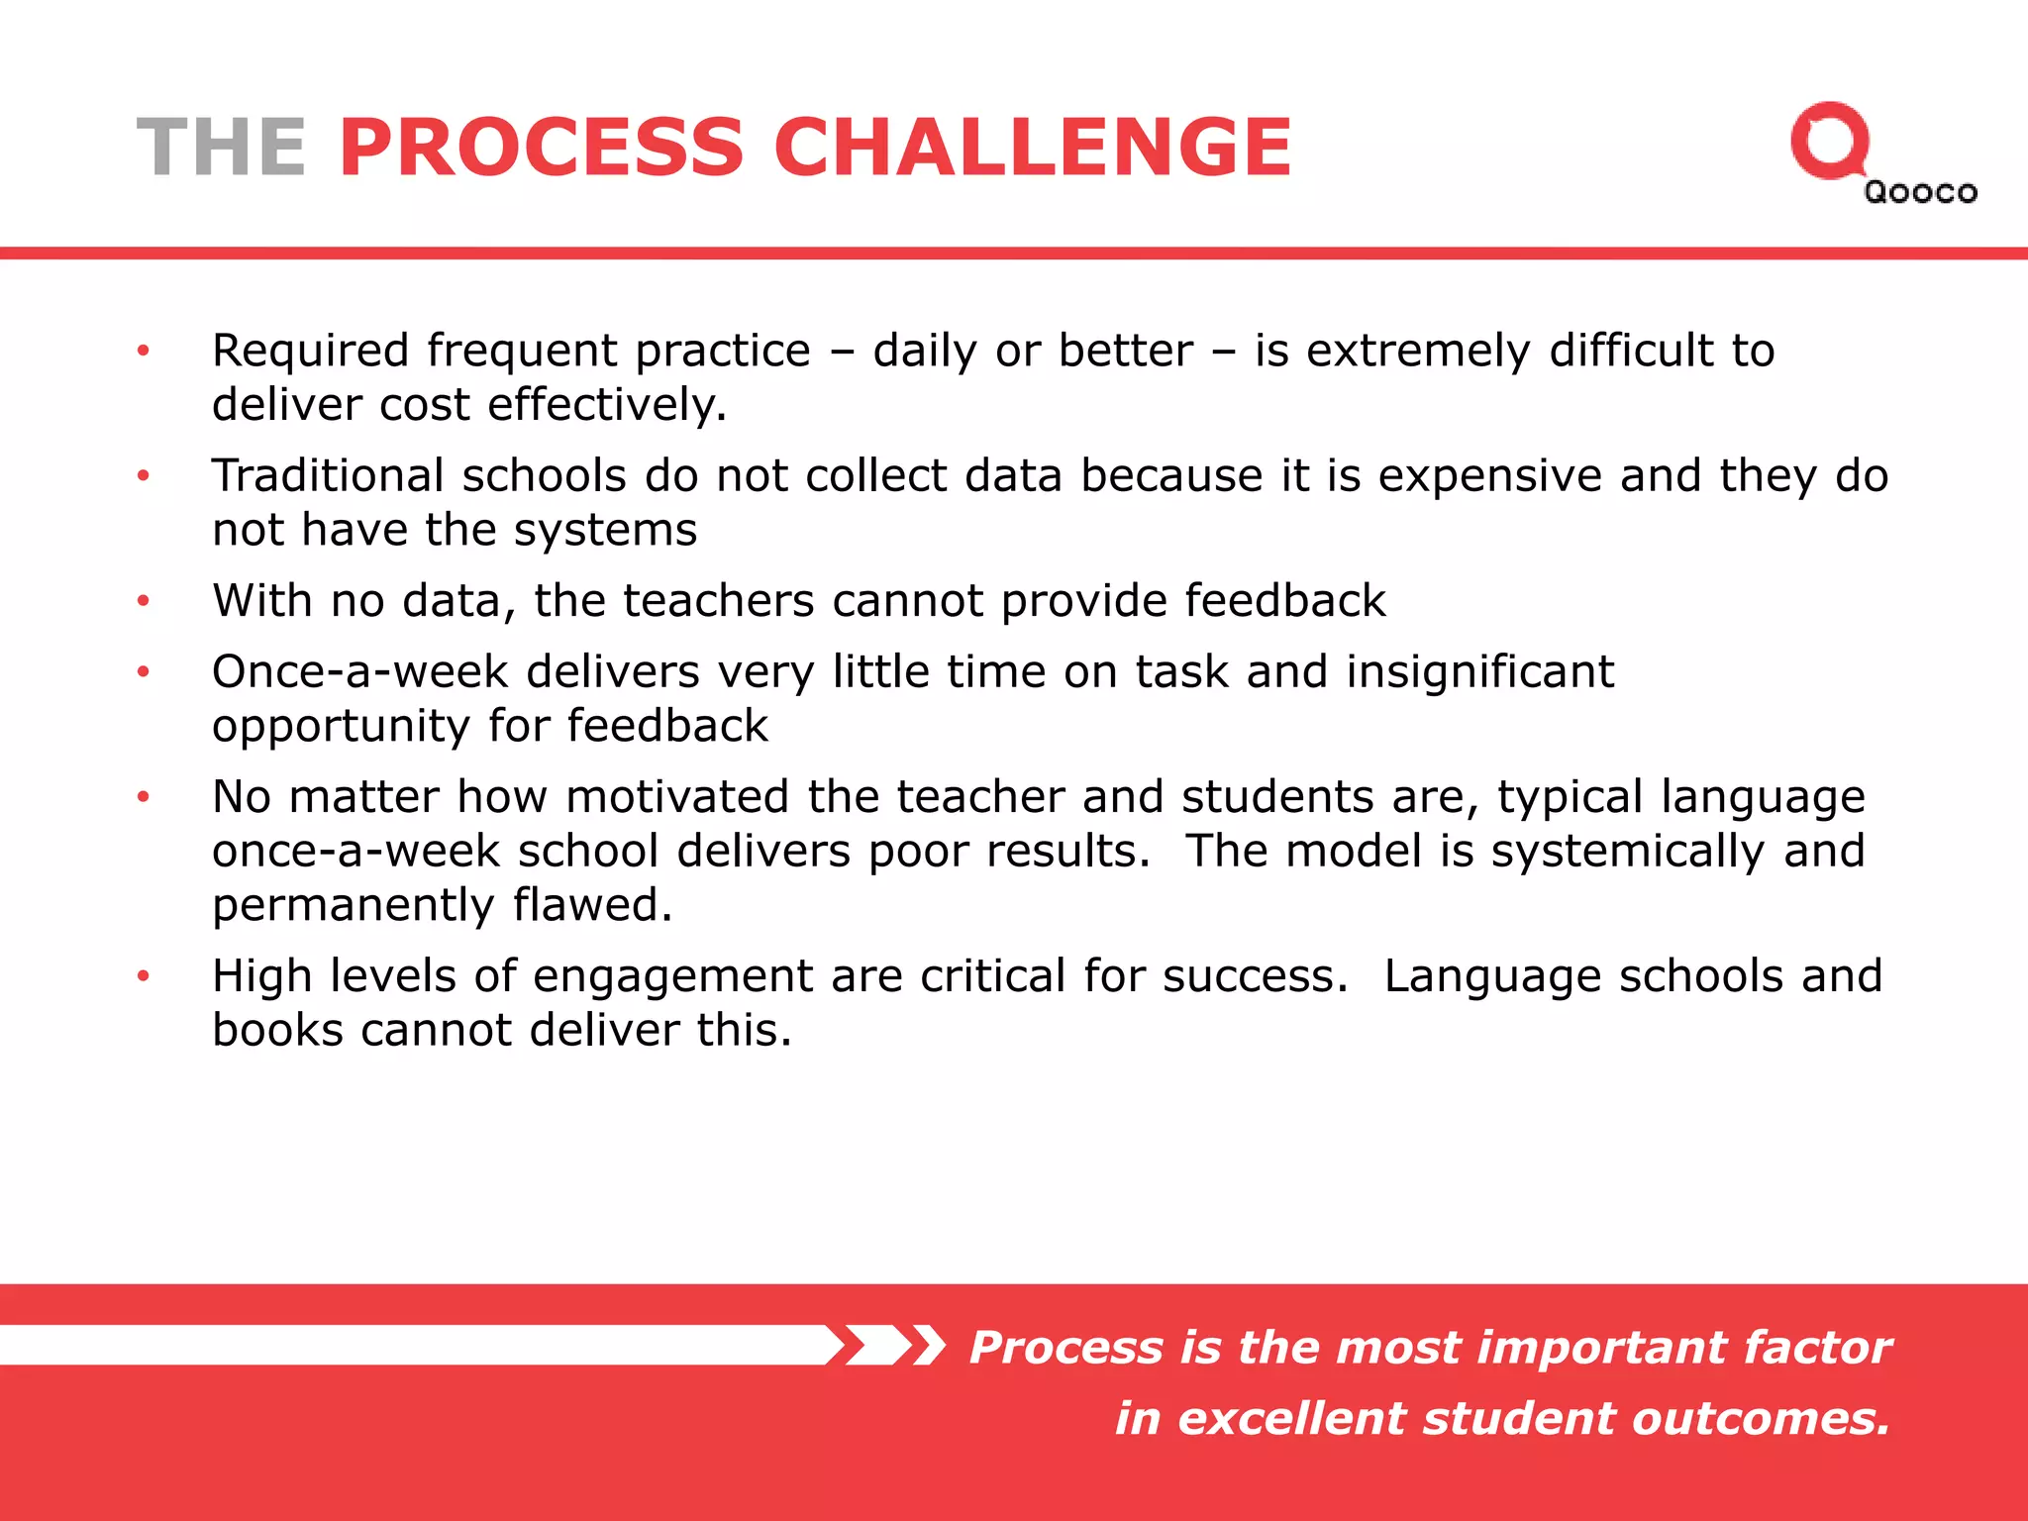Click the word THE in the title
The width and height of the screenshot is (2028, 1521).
tap(221, 148)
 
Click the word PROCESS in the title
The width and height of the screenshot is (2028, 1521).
tap(541, 148)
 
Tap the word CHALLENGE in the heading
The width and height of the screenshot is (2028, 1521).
tap(1033, 148)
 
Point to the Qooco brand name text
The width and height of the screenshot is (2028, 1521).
tap(1920, 192)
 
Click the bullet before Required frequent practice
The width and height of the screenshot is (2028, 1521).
tap(144, 351)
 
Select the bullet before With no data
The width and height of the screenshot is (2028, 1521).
tap(144, 601)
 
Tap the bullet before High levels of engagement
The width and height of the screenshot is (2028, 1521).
tap(144, 976)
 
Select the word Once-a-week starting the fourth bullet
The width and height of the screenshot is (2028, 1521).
tap(359, 672)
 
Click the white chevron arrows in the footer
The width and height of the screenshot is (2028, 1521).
tap(887, 1346)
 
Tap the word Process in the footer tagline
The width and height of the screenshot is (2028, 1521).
tap(1065, 1348)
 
